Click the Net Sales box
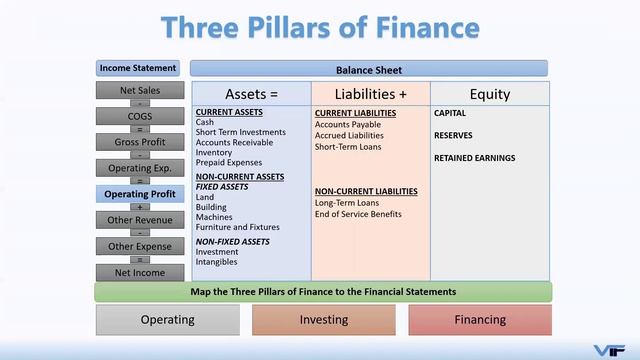coord(139,91)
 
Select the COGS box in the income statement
coord(139,116)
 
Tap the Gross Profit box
coord(139,142)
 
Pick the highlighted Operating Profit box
coord(139,194)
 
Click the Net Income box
coord(139,272)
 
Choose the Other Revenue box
coord(139,220)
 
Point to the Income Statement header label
coord(139,68)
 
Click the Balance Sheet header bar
coord(369,70)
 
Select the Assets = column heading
coord(251,94)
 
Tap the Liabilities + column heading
coord(369,94)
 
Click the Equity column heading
coord(489,94)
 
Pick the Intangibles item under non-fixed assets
coord(217,262)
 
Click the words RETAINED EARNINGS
coord(475,158)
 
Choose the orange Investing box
coord(324,320)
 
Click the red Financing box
coord(480,320)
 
